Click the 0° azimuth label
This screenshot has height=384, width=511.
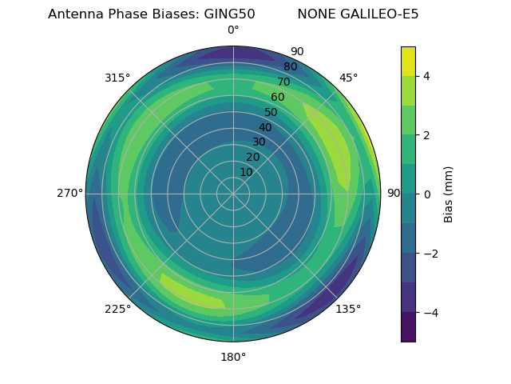(233, 30)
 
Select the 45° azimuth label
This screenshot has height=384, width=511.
(348, 78)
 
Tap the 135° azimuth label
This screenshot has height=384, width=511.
(348, 309)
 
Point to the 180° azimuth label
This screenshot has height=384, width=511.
(233, 357)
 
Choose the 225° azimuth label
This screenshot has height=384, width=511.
(117, 309)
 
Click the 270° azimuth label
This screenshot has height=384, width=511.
(69, 193)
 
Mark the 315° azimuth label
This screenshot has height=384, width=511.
(117, 78)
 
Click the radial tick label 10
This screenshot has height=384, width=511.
(246, 172)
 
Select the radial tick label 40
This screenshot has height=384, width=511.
(265, 127)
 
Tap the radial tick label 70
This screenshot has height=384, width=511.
(284, 82)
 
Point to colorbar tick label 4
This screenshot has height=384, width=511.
(427, 76)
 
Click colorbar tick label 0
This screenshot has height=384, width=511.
(427, 194)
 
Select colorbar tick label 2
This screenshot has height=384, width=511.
(427, 135)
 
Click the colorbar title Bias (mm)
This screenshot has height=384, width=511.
(449, 194)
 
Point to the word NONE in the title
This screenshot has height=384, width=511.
(314, 14)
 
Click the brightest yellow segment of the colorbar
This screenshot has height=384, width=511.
(408, 61)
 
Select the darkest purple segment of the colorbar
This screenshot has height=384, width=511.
(408, 326)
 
